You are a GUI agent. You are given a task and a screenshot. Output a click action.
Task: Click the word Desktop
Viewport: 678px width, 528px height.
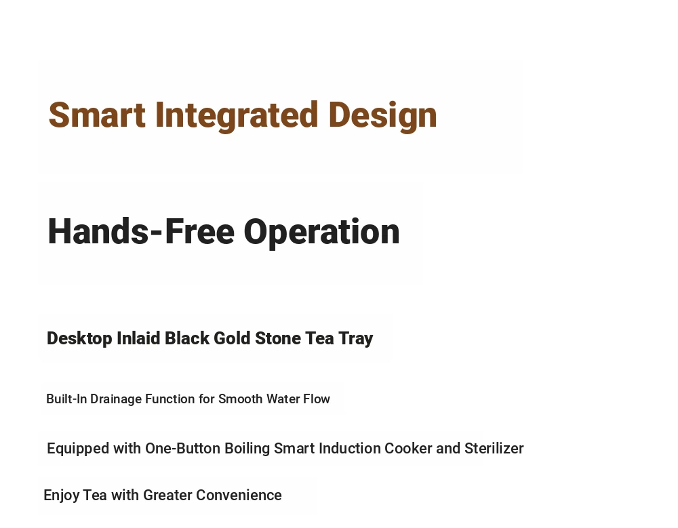click(x=79, y=339)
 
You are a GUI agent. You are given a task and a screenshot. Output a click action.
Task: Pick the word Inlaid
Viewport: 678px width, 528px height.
click(x=138, y=338)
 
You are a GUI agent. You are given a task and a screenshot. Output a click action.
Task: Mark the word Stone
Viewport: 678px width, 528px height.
click(x=277, y=338)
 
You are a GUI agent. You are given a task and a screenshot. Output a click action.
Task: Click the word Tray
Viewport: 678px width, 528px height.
click(x=355, y=339)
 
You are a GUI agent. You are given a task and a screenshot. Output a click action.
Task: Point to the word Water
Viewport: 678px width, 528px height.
click(x=283, y=399)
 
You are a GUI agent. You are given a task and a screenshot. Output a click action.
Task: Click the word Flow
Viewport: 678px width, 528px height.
click(x=317, y=399)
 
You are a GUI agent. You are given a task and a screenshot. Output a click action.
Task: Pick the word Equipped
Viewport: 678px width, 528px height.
click(x=78, y=449)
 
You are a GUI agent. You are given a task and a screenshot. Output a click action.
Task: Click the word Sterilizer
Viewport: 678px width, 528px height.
click(x=494, y=449)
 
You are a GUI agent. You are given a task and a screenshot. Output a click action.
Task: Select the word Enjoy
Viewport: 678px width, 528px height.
click(x=62, y=495)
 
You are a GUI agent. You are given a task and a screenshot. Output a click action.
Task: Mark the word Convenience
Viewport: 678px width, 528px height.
click(x=239, y=495)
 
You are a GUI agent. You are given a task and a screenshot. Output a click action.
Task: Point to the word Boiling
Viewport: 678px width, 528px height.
click(x=247, y=449)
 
